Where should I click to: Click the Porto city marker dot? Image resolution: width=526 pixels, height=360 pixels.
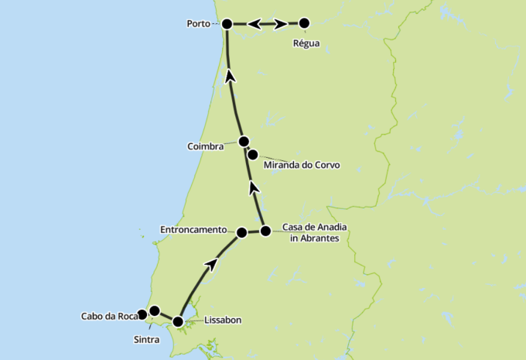click(x=227, y=24)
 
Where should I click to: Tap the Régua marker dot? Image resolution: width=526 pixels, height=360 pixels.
click(x=304, y=23)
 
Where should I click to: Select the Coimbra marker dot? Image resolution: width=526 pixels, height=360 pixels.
click(x=244, y=141)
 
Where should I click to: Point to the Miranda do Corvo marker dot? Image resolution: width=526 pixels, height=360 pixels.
click(x=252, y=154)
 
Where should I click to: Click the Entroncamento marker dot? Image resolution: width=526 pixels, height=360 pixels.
click(x=241, y=232)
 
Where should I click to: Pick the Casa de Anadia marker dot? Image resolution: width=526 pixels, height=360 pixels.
click(x=265, y=231)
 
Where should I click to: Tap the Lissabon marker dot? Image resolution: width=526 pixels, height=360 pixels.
click(x=178, y=321)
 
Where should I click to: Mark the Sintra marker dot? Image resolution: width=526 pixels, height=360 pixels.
click(x=154, y=310)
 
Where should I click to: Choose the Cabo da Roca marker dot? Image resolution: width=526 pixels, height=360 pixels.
click(x=142, y=315)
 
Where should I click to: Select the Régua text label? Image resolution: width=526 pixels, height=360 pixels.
click(x=306, y=43)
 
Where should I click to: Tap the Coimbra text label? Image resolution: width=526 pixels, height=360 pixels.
click(x=205, y=146)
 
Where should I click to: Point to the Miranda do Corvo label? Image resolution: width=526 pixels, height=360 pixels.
click(x=301, y=165)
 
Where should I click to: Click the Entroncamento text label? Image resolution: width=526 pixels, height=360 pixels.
click(x=193, y=230)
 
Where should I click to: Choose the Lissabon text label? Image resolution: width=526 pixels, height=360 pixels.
click(x=224, y=320)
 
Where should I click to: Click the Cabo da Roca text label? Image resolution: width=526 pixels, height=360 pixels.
click(x=108, y=316)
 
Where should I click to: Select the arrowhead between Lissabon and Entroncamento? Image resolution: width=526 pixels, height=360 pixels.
click(x=210, y=265)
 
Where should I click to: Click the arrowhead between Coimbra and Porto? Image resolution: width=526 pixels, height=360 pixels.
click(x=229, y=75)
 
